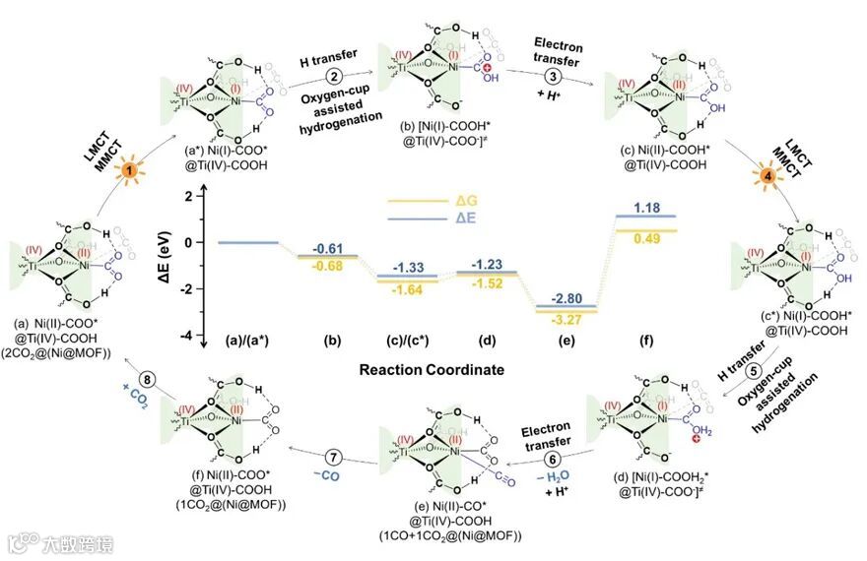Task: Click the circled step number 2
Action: click(x=335, y=78)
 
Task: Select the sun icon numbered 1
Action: click(x=127, y=170)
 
